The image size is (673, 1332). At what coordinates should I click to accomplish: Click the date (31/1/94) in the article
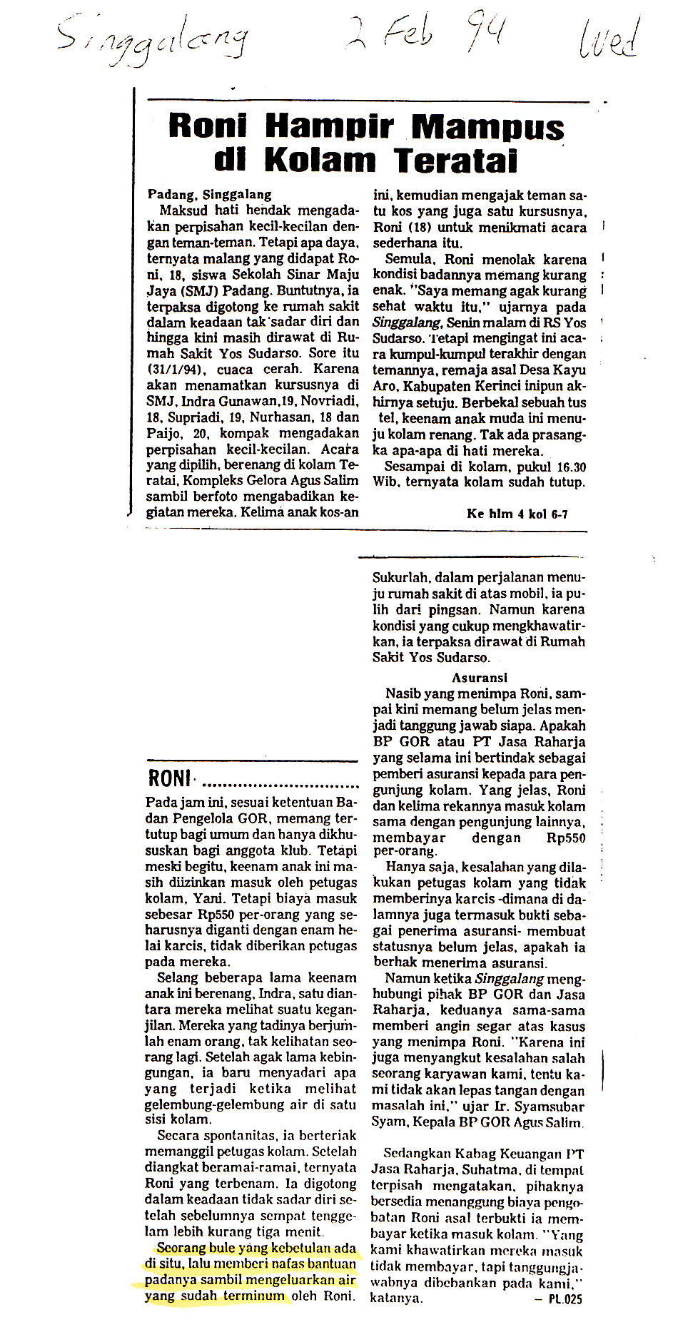pos(175,370)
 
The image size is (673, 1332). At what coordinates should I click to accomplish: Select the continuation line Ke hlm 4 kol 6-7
pos(517,514)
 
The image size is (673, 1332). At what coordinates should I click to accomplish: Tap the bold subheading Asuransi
pos(479,678)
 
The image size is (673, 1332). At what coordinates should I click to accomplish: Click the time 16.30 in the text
pos(570,467)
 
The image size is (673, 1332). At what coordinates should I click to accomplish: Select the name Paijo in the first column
pos(162,434)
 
